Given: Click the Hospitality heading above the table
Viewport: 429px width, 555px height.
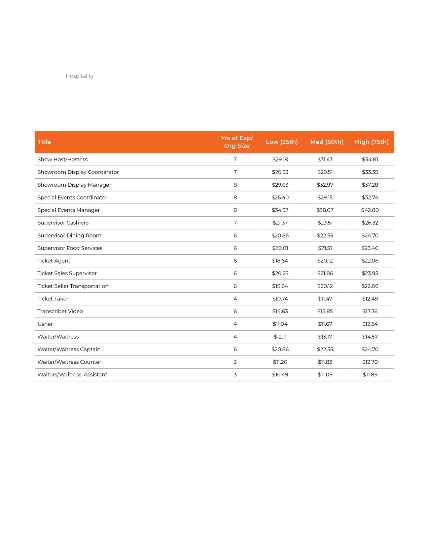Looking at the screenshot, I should tap(79, 76).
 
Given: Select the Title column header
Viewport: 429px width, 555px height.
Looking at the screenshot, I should tap(44, 142).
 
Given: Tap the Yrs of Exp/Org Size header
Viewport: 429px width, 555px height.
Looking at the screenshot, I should tap(237, 142).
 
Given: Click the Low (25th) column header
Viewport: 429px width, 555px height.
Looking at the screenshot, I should tap(282, 142).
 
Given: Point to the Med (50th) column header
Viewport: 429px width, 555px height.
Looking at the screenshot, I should tap(327, 142).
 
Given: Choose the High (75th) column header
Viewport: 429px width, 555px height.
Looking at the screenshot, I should tap(371, 142).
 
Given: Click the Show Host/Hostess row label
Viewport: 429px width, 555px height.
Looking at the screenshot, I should tap(63, 159).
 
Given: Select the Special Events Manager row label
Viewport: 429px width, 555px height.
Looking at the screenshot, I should tap(69, 210).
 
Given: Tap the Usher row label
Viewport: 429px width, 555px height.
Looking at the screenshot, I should tap(45, 324).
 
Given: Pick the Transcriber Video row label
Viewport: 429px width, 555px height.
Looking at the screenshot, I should tap(60, 311).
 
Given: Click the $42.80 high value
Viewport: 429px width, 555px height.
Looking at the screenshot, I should tap(370, 210).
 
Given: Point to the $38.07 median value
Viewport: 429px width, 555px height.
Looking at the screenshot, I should tap(325, 210).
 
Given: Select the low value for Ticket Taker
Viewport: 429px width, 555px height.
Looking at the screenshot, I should tap(280, 299).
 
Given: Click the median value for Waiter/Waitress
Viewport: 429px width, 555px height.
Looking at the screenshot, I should tap(325, 337).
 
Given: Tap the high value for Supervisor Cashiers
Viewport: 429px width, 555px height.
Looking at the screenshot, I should tap(370, 223).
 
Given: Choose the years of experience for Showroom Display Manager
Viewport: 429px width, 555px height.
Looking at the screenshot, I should tap(235, 185).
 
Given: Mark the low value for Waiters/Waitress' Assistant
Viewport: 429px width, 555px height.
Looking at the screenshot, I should tap(280, 375).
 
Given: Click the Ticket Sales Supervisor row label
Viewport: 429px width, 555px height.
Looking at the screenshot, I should tap(67, 273).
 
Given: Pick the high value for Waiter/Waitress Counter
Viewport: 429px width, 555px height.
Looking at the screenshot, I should tap(370, 362).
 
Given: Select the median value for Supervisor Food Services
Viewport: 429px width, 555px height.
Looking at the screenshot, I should tap(325, 248).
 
